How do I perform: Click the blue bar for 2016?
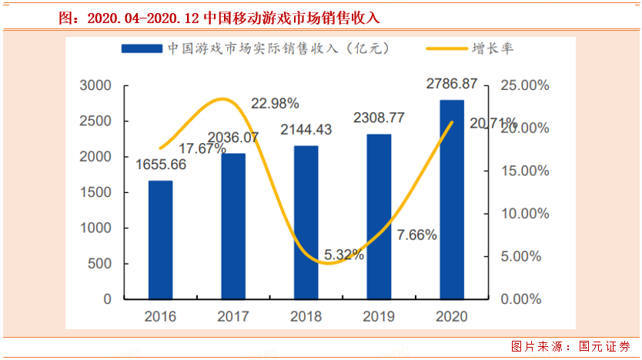pos(160,239)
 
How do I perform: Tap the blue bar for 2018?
pos(306,222)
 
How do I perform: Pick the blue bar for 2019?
pos(379,216)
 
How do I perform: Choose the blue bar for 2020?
pos(452,198)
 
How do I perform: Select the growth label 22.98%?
pos(275,103)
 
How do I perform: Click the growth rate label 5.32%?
pos(344,255)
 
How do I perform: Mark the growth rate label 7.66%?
pos(417,235)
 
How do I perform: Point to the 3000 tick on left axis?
pos(97,85)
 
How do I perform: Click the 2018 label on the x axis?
pos(306,316)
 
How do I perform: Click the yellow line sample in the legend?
pos(446,48)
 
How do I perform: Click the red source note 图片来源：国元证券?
pos(570,346)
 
